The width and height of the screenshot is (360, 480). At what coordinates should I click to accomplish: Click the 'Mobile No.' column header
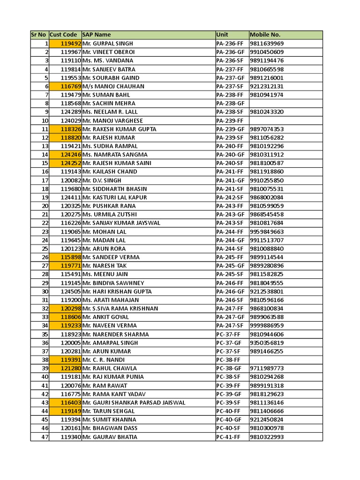coord(265,35)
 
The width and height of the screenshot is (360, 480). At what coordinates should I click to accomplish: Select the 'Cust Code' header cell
coord(63,35)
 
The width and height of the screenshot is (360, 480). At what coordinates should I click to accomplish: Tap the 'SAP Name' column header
coord(97,35)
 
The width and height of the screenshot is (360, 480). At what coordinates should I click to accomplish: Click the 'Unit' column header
coord(222,35)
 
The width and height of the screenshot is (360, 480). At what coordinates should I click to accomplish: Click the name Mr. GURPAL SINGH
coord(108,44)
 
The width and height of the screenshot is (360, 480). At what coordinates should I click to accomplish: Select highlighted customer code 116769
coord(71,86)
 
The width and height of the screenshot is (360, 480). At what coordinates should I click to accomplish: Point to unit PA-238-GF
coord(230,103)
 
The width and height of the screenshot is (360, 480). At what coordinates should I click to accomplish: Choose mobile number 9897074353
coord(267,129)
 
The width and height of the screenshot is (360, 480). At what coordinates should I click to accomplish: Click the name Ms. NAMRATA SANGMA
coord(115,155)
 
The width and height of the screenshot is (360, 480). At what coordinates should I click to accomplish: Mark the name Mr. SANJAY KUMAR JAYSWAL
coord(121,223)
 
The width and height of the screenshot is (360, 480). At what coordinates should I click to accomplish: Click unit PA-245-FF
coord(230,257)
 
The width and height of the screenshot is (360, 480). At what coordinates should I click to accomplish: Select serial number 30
coord(45,292)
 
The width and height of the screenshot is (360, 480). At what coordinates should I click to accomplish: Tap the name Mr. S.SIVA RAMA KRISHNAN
coord(120,308)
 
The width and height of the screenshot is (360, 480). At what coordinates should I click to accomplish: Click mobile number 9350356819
coord(267,343)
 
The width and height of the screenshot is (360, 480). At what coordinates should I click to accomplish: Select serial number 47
coord(45,437)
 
